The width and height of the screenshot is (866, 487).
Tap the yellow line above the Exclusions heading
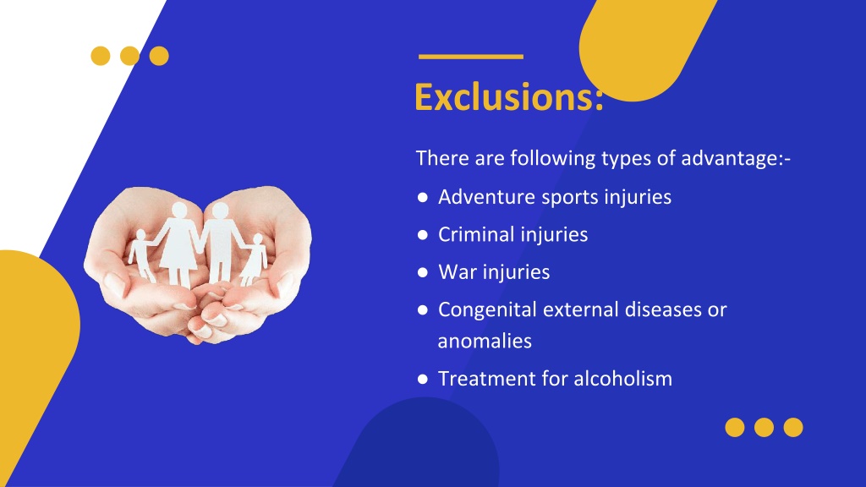click(x=471, y=57)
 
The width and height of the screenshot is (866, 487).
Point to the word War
click(x=457, y=272)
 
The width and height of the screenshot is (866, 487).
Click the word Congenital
click(x=487, y=310)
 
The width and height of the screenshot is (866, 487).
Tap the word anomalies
click(x=485, y=341)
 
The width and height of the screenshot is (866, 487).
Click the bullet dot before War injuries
click(x=422, y=273)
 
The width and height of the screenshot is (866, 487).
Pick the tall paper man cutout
click(x=221, y=241)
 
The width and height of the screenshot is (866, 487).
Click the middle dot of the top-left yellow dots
click(x=129, y=56)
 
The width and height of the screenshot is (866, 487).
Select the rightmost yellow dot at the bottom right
click(x=792, y=428)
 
